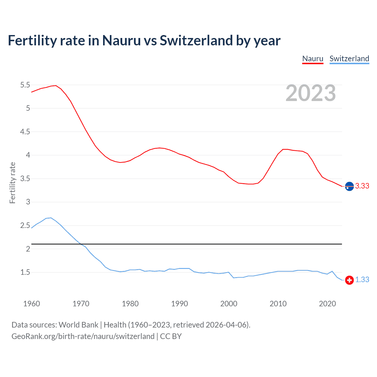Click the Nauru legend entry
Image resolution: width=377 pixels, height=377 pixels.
coord(313,59)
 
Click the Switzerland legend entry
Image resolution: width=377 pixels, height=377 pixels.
coord(349,59)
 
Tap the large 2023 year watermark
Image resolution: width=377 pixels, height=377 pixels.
coord(311,93)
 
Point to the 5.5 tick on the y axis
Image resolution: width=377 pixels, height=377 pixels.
coord(25,85)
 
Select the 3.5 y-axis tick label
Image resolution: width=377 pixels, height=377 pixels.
coord(25,179)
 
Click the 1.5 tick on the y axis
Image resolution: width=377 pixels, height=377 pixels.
coord(25,272)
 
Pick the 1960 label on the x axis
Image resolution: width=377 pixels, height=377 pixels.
coord(32,304)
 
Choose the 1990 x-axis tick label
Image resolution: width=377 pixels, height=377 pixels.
coord(179,304)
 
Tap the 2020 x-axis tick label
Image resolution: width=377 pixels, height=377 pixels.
coord(327,304)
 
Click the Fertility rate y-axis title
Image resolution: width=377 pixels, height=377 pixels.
coord(12,183)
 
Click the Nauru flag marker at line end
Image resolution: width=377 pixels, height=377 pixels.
coord(349,186)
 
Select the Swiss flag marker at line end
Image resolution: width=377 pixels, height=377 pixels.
coord(349,280)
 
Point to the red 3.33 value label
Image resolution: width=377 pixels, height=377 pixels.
coord(362,186)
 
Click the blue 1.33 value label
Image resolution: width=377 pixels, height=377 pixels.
coord(362,280)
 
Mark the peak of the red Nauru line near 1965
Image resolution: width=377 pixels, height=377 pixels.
coord(56,85)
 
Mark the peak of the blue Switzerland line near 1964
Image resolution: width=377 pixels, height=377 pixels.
coord(51,218)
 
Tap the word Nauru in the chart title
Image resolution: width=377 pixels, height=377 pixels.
coord(121,40)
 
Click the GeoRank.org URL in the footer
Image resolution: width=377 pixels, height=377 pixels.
coord(83,336)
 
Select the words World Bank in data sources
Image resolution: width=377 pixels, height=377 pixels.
coord(78,325)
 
